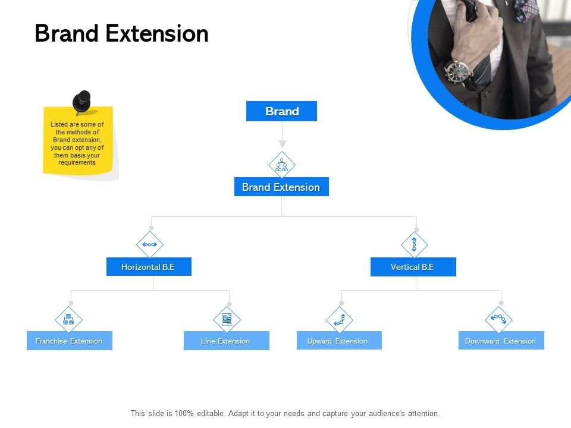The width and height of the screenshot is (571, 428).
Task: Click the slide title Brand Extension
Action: (121, 34)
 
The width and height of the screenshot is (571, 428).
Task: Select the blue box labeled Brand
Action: (281, 111)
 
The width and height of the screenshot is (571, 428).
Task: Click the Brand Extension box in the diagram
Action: (281, 187)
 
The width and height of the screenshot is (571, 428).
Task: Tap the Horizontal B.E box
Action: (149, 267)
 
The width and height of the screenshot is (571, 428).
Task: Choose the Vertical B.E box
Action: (413, 267)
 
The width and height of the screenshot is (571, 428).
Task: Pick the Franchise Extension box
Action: (69, 341)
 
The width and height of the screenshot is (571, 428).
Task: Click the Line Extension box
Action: (226, 341)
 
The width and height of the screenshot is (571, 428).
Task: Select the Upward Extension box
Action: (338, 341)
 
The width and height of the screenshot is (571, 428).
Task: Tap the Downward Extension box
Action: (501, 341)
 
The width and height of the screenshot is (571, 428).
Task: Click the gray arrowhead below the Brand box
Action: (283, 144)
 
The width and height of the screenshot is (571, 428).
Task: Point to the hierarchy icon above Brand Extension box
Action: (281, 165)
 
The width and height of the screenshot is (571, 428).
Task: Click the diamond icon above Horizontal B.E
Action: (149, 244)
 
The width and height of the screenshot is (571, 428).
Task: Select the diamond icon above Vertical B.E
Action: (414, 244)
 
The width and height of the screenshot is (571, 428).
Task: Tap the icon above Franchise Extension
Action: (68, 320)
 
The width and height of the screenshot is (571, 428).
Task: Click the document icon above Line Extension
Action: (227, 320)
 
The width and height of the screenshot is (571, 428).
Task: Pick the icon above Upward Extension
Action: (340, 320)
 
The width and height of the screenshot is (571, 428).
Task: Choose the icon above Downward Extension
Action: (498, 320)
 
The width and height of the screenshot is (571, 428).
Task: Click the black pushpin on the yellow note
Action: (82, 101)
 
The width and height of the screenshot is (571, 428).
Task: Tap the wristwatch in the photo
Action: (459, 72)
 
